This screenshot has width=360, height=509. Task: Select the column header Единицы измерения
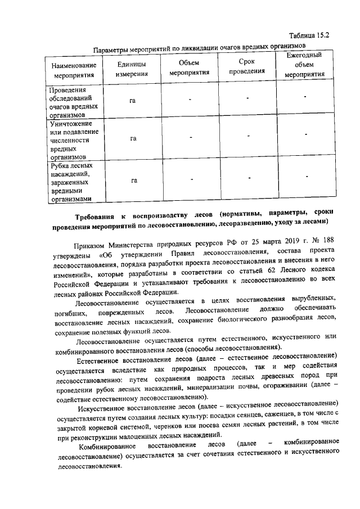[132, 68]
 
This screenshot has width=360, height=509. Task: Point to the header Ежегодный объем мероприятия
[304, 65]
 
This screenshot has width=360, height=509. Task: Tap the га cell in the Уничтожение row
[133, 138]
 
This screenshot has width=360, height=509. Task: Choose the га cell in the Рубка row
[134, 181]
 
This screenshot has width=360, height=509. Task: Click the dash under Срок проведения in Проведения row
[247, 99]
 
